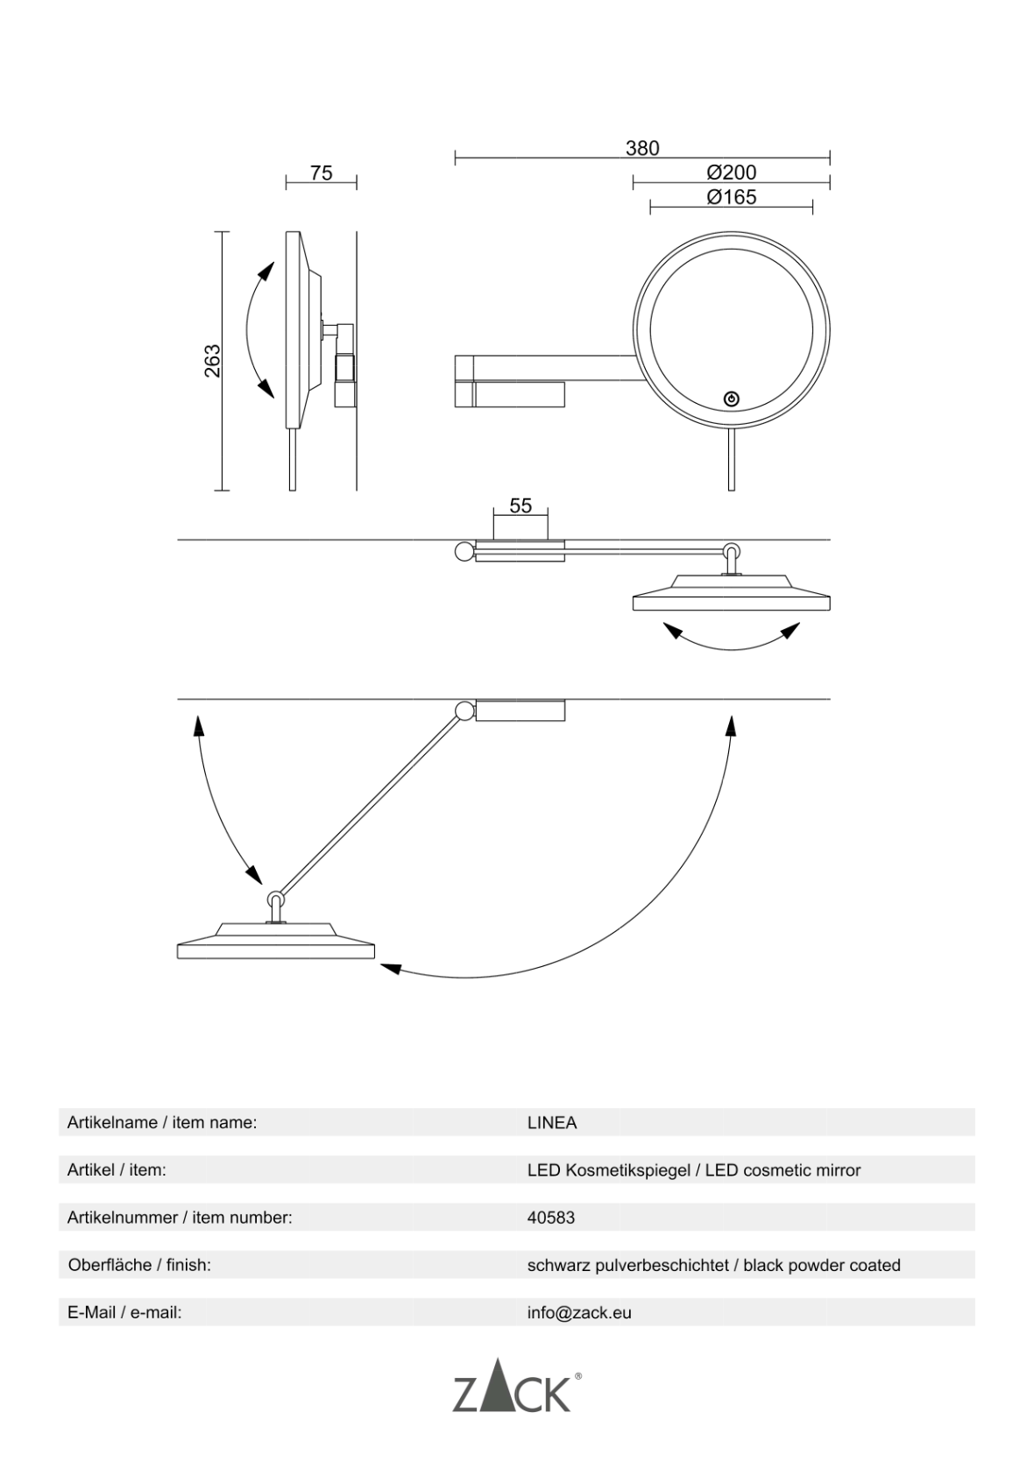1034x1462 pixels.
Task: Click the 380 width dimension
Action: pyautogui.click(x=641, y=148)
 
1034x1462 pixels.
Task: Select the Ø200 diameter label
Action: pyautogui.click(x=731, y=173)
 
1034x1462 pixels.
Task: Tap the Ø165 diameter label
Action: pyautogui.click(x=731, y=197)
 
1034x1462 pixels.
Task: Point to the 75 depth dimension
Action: pyautogui.click(x=322, y=173)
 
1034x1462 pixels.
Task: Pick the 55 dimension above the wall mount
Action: pyautogui.click(x=521, y=505)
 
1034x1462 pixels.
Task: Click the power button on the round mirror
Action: pyautogui.click(x=732, y=399)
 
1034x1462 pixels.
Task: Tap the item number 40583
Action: pyautogui.click(x=551, y=1217)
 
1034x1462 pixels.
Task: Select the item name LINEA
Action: pyautogui.click(x=552, y=1122)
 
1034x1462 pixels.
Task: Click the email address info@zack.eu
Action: pyautogui.click(x=579, y=1312)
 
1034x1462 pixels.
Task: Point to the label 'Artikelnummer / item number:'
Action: pyautogui.click(x=180, y=1217)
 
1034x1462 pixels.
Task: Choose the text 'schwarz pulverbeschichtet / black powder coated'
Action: pyautogui.click(x=713, y=1265)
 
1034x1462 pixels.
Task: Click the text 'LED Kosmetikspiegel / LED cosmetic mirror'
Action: pyautogui.click(x=693, y=1169)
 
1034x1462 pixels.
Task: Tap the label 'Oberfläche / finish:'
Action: pyautogui.click(x=139, y=1265)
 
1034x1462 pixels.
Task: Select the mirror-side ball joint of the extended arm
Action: pyautogui.click(x=276, y=901)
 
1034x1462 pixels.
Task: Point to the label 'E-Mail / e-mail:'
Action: pyautogui.click(x=124, y=1312)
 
